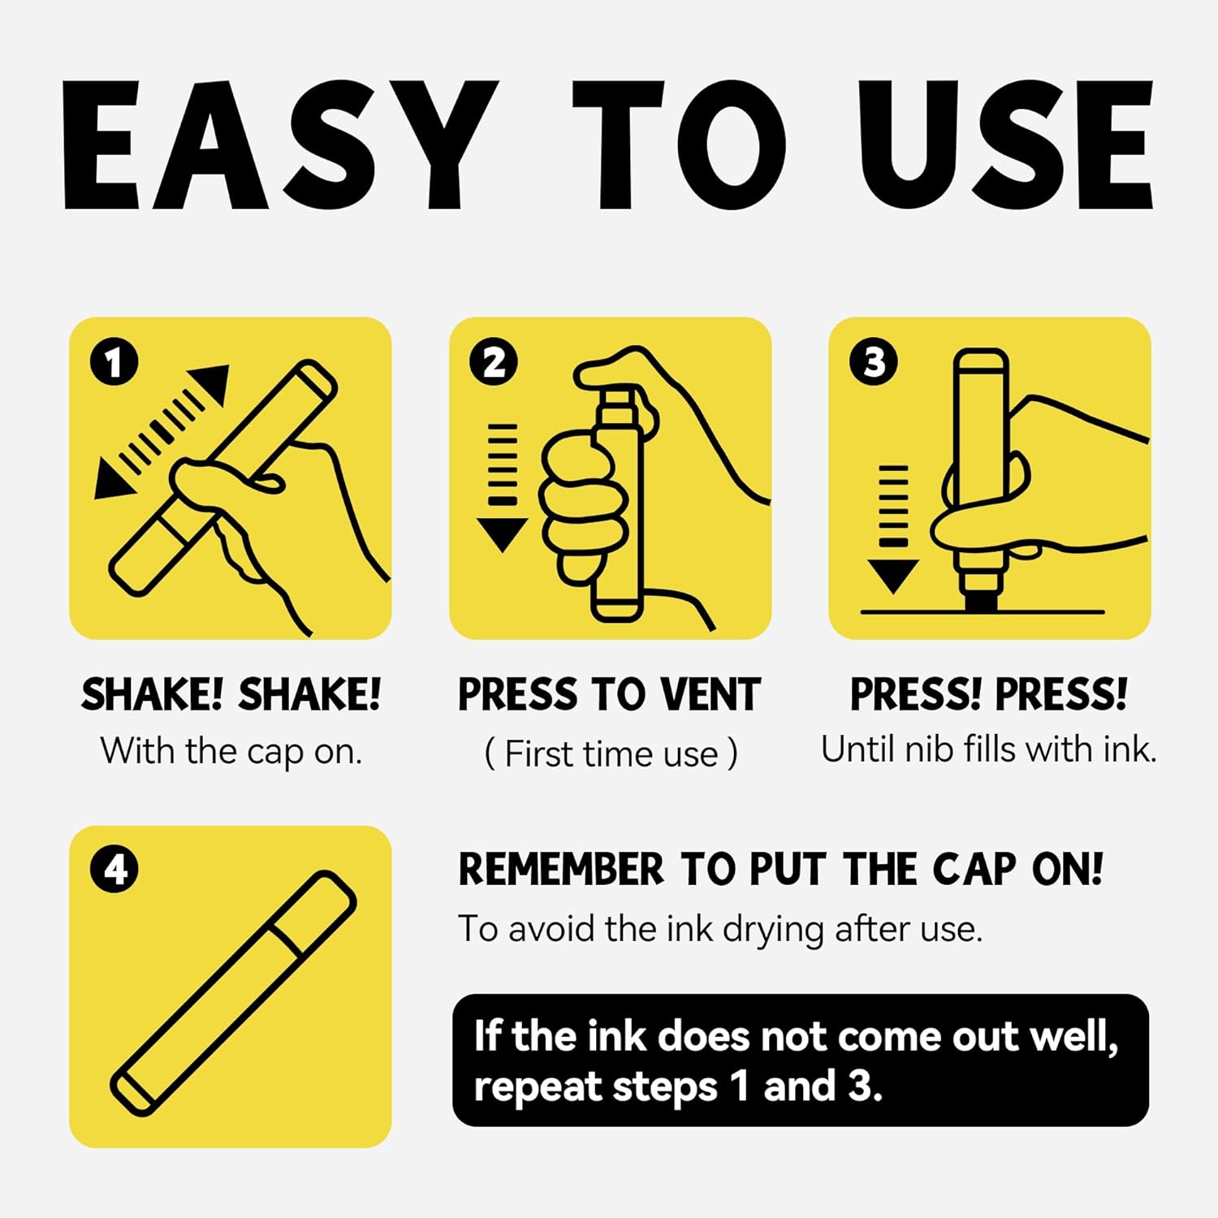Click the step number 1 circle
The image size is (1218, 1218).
(x=114, y=362)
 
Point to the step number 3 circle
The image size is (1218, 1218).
(x=874, y=362)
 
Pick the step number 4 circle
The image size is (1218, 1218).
(x=114, y=870)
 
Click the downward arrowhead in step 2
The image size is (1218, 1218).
(x=502, y=535)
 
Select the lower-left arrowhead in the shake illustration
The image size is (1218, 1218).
(x=114, y=477)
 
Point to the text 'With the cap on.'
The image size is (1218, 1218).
(x=231, y=751)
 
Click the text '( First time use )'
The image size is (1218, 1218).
(x=611, y=754)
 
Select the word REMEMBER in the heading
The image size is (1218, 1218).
(x=561, y=869)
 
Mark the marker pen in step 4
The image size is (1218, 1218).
(x=234, y=992)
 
